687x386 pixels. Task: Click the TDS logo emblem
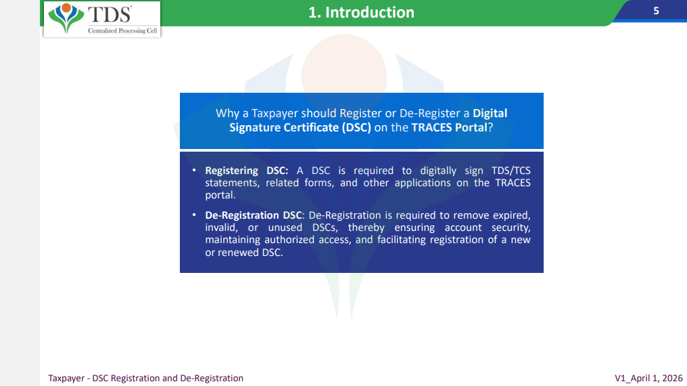click(x=66, y=18)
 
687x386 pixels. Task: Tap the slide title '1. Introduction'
click(x=361, y=12)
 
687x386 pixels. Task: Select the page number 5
click(x=656, y=11)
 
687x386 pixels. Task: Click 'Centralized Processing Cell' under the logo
click(x=122, y=30)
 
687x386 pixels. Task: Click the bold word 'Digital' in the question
click(x=490, y=113)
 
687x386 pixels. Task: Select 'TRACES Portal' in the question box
click(x=450, y=127)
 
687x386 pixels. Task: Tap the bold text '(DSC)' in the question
click(x=356, y=127)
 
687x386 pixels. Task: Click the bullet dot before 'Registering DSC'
click(x=194, y=170)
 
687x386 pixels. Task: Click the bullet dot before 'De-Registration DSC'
click(x=194, y=215)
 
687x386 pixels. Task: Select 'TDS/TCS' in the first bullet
click(x=511, y=170)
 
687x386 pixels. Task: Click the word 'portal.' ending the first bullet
click(x=220, y=195)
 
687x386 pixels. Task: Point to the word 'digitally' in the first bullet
click(x=438, y=171)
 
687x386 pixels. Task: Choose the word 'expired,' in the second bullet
click(x=512, y=216)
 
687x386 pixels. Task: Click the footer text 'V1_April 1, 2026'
click(x=648, y=378)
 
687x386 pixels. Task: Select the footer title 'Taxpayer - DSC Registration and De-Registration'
click(x=145, y=378)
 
